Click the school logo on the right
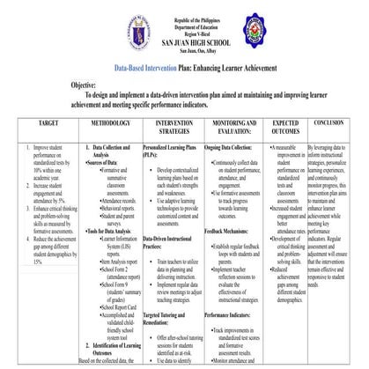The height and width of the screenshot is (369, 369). [x=265, y=34]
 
